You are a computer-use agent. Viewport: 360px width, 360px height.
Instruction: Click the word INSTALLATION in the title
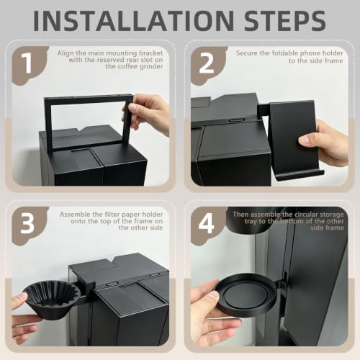pyautogui.click(x=133, y=20)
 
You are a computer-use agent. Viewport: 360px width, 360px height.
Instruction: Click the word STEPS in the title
pyautogui.click(x=285, y=20)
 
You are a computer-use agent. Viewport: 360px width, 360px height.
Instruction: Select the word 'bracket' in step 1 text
pyautogui.click(x=150, y=53)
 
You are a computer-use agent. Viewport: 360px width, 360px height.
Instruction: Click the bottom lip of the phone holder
pyautogui.click(x=300, y=175)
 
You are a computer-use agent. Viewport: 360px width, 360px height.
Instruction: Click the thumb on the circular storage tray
pyautogui.click(x=208, y=297)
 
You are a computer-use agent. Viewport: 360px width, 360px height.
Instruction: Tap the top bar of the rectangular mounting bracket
pyautogui.click(x=89, y=98)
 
